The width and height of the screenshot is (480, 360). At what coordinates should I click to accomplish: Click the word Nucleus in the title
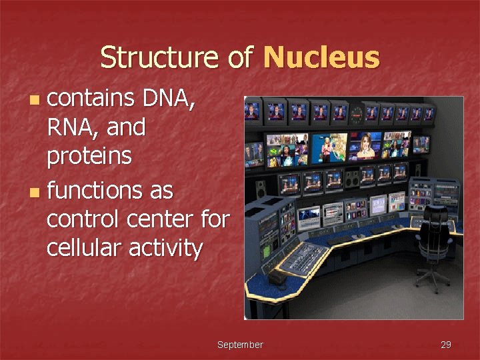[x=321, y=57]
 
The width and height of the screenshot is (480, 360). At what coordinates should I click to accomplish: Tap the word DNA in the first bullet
[x=168, y=99]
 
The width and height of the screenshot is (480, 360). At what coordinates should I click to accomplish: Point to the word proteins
[x=89, y=157]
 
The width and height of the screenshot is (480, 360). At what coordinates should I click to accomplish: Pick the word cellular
[x=83, y=248]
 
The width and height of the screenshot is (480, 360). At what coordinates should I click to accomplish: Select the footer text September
[x=240, y=345]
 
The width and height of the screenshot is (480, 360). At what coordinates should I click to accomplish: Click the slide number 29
[x=446, y=345]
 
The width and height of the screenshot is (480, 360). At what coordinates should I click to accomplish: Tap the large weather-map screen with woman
[x=329, y=148]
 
